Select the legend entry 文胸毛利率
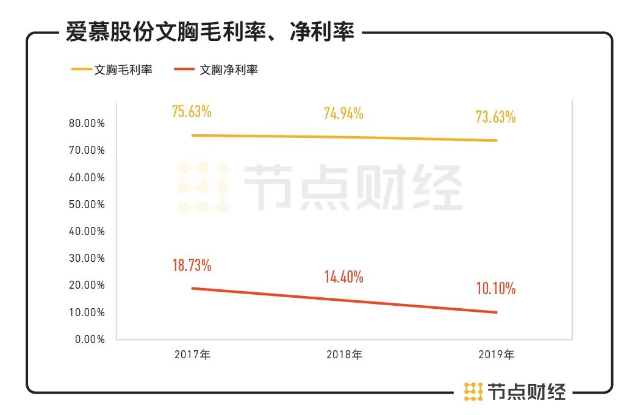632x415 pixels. tap(122, 70)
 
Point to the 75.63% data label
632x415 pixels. tap(192, 112)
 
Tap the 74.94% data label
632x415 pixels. tap(343, 113)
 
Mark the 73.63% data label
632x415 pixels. tap(496, 117)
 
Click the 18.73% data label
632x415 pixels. tap(192, 265)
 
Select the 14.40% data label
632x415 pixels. tap(343, 277)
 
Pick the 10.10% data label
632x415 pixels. tap(496, 288)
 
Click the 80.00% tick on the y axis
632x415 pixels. tap(88, 123)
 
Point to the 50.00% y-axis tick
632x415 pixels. tap(88, 204)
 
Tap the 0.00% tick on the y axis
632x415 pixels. tap(90, 339)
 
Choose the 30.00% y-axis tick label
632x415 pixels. tap(88, 258)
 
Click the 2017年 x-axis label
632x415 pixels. tap(192, 355)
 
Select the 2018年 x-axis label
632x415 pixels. tap(344, 355)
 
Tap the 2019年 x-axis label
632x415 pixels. tap(497, 355)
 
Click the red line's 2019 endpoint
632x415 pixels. tap(497, 312)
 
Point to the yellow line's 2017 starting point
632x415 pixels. tap(192, 135)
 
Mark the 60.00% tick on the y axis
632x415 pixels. tap(88, 178)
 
